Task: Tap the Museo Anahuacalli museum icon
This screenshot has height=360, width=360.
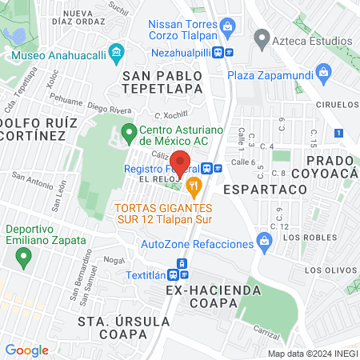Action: (117, 54)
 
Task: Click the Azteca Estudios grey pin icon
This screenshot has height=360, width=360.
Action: (261, 38)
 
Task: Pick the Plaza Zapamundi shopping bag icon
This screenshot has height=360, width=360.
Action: (323, 74)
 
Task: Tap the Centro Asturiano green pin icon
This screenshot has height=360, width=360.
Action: (126, 131)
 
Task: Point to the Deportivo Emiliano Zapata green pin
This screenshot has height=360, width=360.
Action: (23, 257)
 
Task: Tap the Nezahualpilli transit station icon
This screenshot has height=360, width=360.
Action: (230, 52)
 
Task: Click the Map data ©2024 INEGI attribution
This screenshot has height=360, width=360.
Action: (311, 353)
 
